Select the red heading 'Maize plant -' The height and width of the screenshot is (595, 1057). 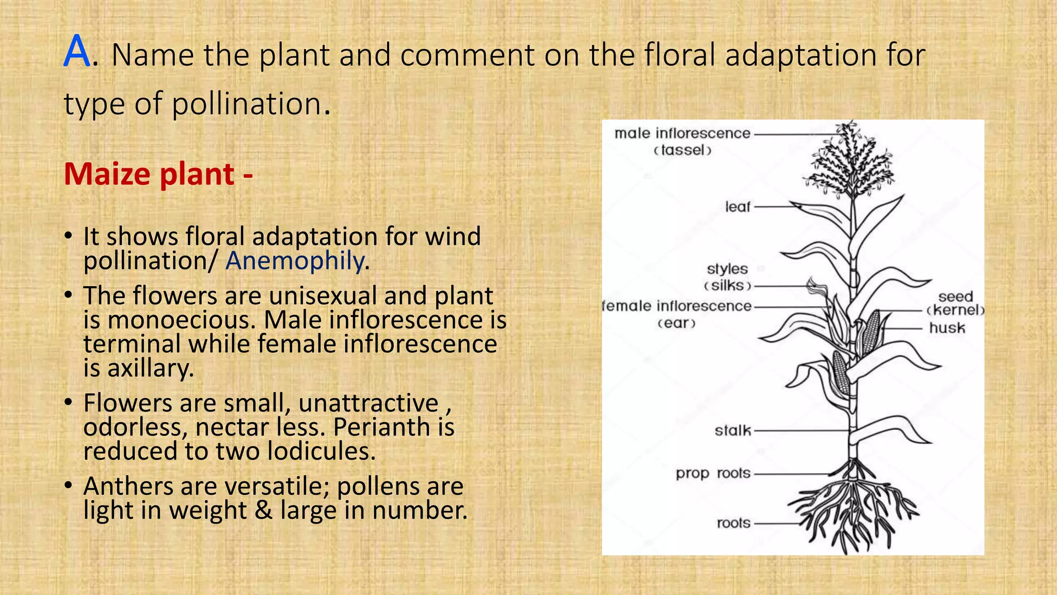[158, 174]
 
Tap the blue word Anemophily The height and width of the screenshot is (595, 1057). [295, 260]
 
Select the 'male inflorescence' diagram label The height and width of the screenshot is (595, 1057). [682, 133]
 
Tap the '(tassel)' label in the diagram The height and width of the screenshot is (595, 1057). [682, 150]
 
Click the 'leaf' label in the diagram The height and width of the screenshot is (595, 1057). [738, 207]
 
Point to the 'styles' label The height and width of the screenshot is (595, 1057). [727, 269]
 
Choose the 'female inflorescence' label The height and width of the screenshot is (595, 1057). [677, 306]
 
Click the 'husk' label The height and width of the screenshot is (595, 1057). [947, 327]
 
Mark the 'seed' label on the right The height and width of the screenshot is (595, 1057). [955, 296]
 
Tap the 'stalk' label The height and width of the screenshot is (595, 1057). [733, 430]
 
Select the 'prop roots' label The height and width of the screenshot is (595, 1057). [713, 473]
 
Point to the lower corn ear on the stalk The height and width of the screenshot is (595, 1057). [840, 372]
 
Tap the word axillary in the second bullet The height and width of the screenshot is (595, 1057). [150, 368]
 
